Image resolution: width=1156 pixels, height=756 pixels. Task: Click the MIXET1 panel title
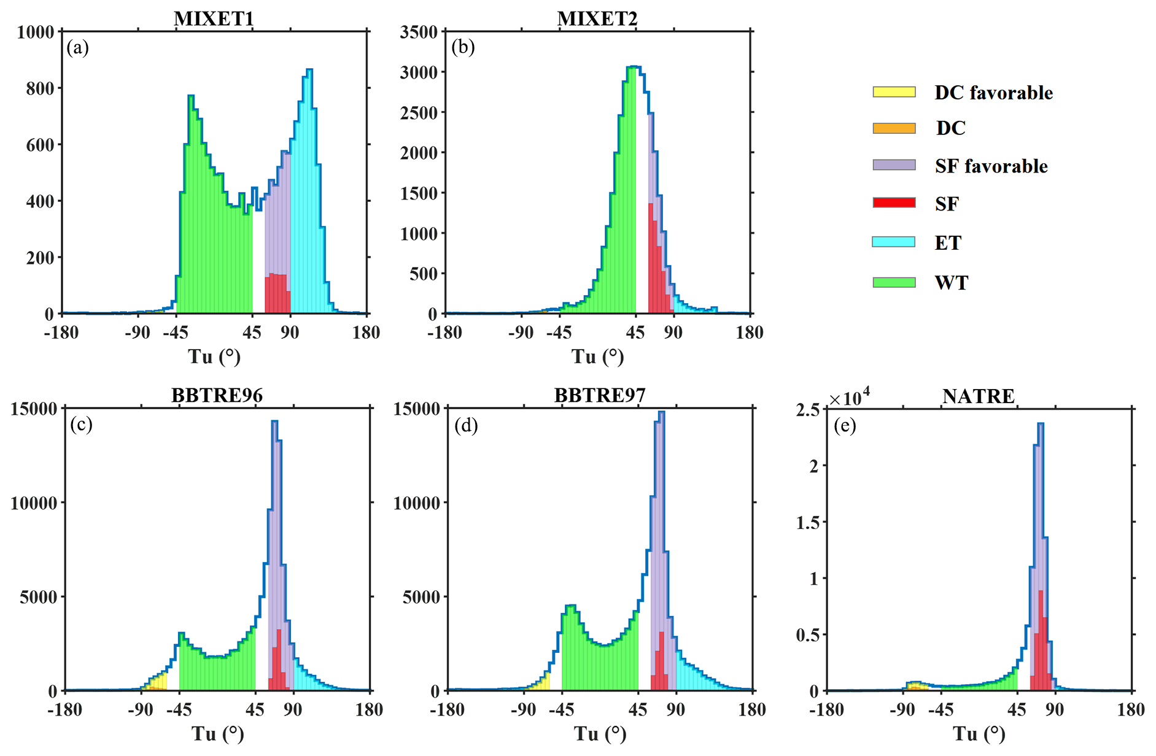pos(214,18)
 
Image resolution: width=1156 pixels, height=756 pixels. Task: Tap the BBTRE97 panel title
pos(600,395)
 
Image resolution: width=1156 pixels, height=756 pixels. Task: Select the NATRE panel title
pos(978,396)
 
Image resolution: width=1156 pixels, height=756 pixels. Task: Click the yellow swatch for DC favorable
pos(894,92)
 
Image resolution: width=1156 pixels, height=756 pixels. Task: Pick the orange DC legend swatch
pos(894,128)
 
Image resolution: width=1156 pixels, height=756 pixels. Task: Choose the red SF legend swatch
pos(894,203)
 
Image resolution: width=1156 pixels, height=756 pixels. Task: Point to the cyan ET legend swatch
pos(894,242)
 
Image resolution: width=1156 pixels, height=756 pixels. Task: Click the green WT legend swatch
pos(894,282)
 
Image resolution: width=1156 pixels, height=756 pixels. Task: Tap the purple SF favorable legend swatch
pos(894,166)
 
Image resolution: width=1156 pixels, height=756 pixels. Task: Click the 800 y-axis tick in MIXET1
pos(40,88)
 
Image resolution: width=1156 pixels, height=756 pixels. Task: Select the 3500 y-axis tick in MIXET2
pos(419,32)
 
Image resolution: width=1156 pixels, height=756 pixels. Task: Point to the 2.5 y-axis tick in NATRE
pos(807,409)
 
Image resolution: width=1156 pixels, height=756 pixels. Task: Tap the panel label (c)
pos(81,425)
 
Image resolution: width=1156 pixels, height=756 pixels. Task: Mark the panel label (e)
pos(845,425)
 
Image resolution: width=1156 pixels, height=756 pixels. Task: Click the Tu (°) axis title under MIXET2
pos(597,357)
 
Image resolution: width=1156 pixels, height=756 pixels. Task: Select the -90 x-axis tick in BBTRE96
pos(141,710)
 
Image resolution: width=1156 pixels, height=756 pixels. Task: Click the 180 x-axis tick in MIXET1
pos(367,333)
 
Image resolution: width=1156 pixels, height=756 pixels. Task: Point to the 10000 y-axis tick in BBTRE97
pos(417,503)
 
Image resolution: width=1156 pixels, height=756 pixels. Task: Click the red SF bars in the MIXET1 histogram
pos(277,293)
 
